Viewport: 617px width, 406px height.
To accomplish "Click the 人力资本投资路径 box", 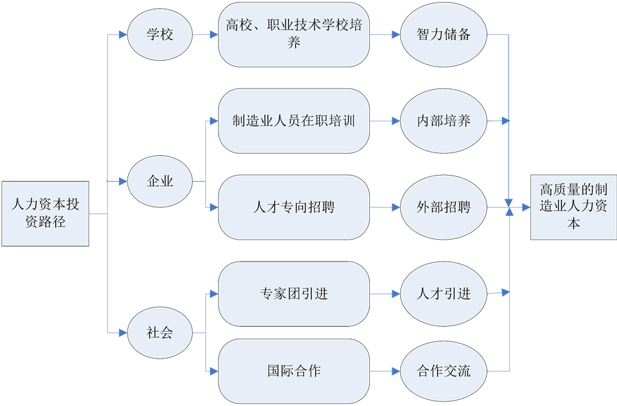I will point(45,213).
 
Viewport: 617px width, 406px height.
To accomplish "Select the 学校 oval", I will point(160,35).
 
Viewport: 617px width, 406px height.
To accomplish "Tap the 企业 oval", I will point(160,181).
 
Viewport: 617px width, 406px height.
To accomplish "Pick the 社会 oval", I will point(160,332).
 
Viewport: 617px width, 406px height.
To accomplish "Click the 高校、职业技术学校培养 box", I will point(293,35).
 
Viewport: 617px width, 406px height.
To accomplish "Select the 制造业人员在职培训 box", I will point(293,121).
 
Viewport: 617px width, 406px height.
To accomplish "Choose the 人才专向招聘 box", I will point(293,207).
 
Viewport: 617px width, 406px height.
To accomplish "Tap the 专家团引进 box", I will point(293,293).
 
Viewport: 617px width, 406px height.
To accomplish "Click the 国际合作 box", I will point(293,370).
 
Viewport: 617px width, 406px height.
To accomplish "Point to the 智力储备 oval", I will point(444,35).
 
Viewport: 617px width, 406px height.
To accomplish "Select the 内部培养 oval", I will point(444,121).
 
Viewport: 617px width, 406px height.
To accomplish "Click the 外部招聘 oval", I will point(444,207).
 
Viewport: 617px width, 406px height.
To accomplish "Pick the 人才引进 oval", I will point(444,293).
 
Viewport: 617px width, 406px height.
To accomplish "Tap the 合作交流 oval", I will point(444,370).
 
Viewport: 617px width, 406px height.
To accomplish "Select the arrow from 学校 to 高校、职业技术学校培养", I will point(205,35).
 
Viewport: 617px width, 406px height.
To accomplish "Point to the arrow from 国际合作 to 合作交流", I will point(385,370).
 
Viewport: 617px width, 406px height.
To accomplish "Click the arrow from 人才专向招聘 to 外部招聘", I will point(385,207).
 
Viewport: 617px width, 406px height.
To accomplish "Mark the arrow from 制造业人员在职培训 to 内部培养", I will point(385,121).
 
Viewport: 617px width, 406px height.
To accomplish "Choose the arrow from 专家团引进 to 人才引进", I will point(385,293).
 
